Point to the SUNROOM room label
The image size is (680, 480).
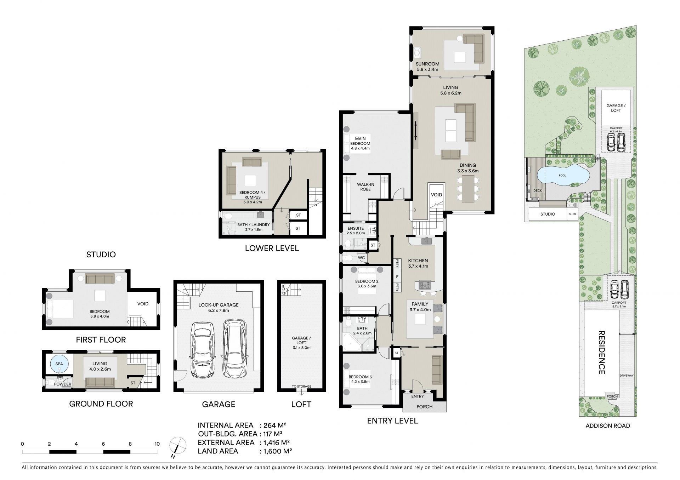click(427, 64)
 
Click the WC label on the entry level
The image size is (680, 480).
click(361, 258)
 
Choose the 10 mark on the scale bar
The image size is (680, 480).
click(157, 444)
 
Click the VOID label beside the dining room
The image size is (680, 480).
click(436, 195)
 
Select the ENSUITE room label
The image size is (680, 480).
click(355, 228)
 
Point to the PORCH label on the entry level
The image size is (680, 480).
click(424, 406)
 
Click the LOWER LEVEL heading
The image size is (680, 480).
click(272, 248)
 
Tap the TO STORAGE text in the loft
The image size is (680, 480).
click(301, 387)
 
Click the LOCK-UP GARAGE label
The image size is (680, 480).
click(218, 305)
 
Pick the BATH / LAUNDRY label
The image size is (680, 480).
click(253, 225)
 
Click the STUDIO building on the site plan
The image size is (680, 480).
click(548, 214)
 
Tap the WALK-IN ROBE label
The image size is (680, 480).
click(365, 187)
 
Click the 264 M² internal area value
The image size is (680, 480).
click(273, 425)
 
